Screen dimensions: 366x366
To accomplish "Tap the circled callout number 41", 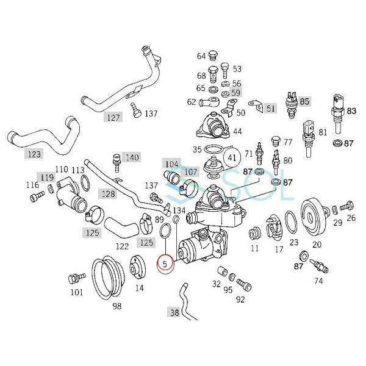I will (x=232, y=157).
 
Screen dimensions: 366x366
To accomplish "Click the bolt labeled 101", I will (x=74, y=278).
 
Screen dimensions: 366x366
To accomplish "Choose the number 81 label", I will (x=323, y=132).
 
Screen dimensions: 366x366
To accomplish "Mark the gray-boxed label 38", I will (x=174, y=313).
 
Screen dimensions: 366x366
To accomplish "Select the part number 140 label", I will (x=132, y=157).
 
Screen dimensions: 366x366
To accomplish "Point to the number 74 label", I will (x=318, y=282).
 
